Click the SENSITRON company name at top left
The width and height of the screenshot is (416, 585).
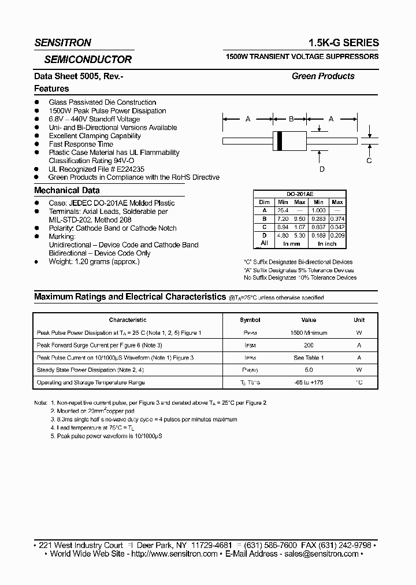62,43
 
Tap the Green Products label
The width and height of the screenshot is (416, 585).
323,76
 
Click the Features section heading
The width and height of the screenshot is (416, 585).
51,89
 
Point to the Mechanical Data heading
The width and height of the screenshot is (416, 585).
67,190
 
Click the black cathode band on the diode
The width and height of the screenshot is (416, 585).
281,140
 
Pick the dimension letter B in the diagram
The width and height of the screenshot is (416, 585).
291,119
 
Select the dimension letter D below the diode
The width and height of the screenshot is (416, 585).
322,169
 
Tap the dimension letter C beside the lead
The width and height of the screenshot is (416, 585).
369,161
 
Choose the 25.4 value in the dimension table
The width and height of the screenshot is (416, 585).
283,210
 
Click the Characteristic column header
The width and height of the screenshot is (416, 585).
128,320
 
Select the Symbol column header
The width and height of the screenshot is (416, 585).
250,320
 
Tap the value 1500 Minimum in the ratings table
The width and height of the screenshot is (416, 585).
309,333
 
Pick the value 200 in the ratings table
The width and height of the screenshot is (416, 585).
309,345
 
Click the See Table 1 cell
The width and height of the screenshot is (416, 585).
309,358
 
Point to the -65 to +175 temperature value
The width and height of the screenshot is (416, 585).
309,383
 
